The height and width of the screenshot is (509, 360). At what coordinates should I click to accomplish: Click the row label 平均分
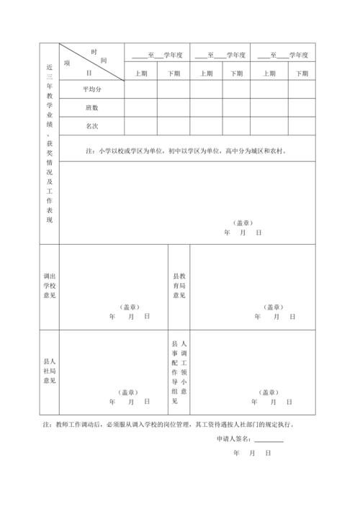click(91, 89)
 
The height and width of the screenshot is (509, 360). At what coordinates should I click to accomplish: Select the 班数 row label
click(91, 107)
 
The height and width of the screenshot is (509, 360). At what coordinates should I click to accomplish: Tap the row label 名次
click(91, 125)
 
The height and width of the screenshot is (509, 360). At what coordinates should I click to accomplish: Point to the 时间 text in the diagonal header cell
click(99, 56)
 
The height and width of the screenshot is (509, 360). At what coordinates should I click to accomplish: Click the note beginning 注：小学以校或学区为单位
click(186, 151)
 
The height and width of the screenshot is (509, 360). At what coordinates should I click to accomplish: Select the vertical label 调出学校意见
click(49, 286)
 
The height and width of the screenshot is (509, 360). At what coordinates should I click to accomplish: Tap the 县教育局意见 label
click(179, 286)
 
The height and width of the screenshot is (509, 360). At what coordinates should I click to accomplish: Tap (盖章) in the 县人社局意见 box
click(130, 392)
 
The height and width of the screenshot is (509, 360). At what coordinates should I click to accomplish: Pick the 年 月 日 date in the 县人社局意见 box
click(130, 402)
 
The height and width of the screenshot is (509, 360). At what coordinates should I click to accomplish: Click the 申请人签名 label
click(233, 438)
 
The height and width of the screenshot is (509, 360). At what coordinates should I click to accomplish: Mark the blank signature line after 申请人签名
click(269, 440)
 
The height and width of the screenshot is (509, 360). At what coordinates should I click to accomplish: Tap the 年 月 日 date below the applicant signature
click(252, 454)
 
